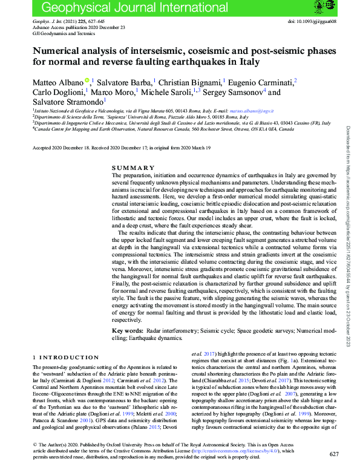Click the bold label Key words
click(x=128, y=331)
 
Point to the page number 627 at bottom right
click(x=334, y=454)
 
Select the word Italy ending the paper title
click(x=247, y=62)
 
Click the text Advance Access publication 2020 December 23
click(x=70, y=27)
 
